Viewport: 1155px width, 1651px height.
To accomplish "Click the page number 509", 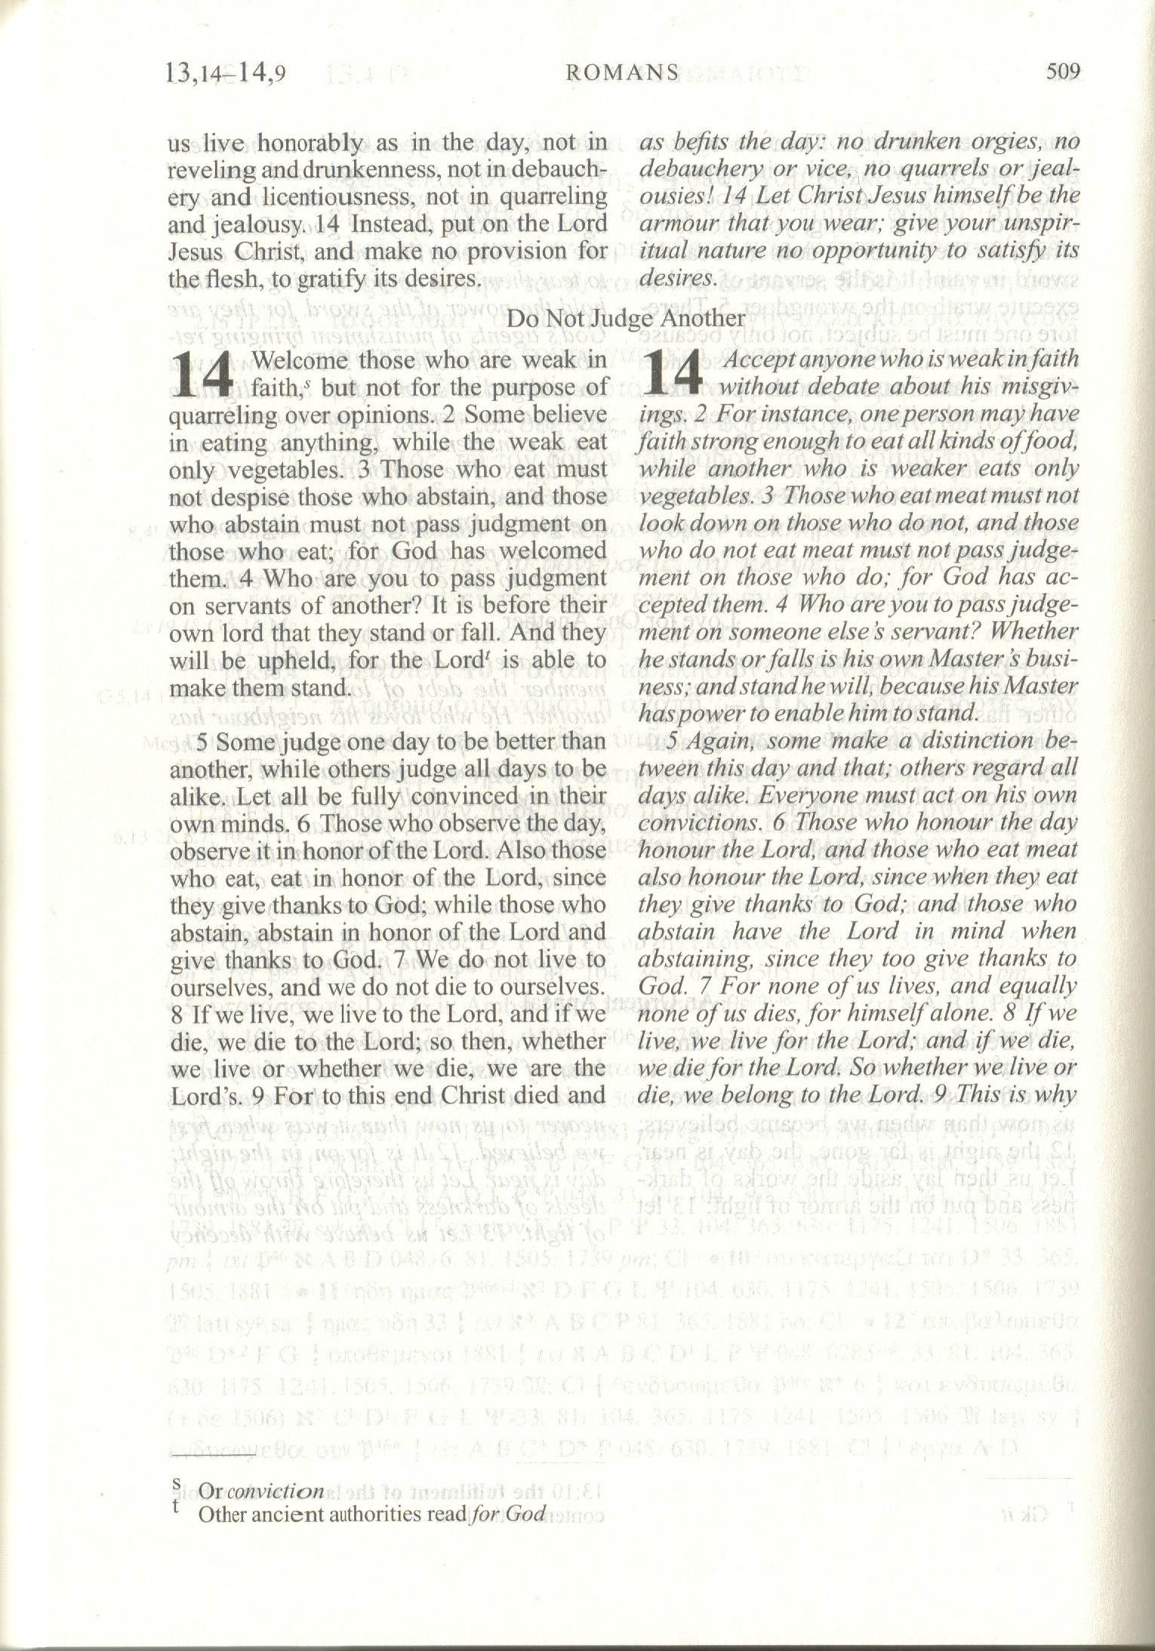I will (1064, 73).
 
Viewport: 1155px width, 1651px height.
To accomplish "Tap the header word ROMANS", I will (622, 73).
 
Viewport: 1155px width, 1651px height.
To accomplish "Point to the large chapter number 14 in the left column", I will (202, 375).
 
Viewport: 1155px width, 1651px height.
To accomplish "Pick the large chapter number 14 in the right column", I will (675, 375).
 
